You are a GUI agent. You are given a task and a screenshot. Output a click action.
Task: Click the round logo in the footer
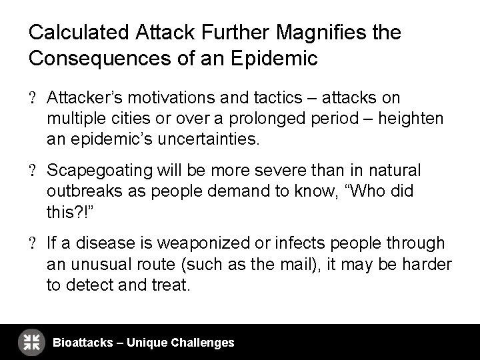[31, 342]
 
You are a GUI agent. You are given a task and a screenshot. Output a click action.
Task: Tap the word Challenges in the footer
[203, 343]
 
